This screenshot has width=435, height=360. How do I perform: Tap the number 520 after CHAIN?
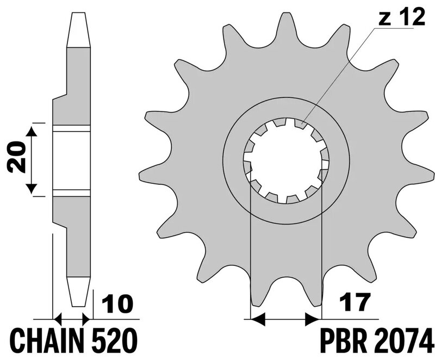click(x=115, y=340)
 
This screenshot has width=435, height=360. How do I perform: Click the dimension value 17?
click(x=355, y=302)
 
